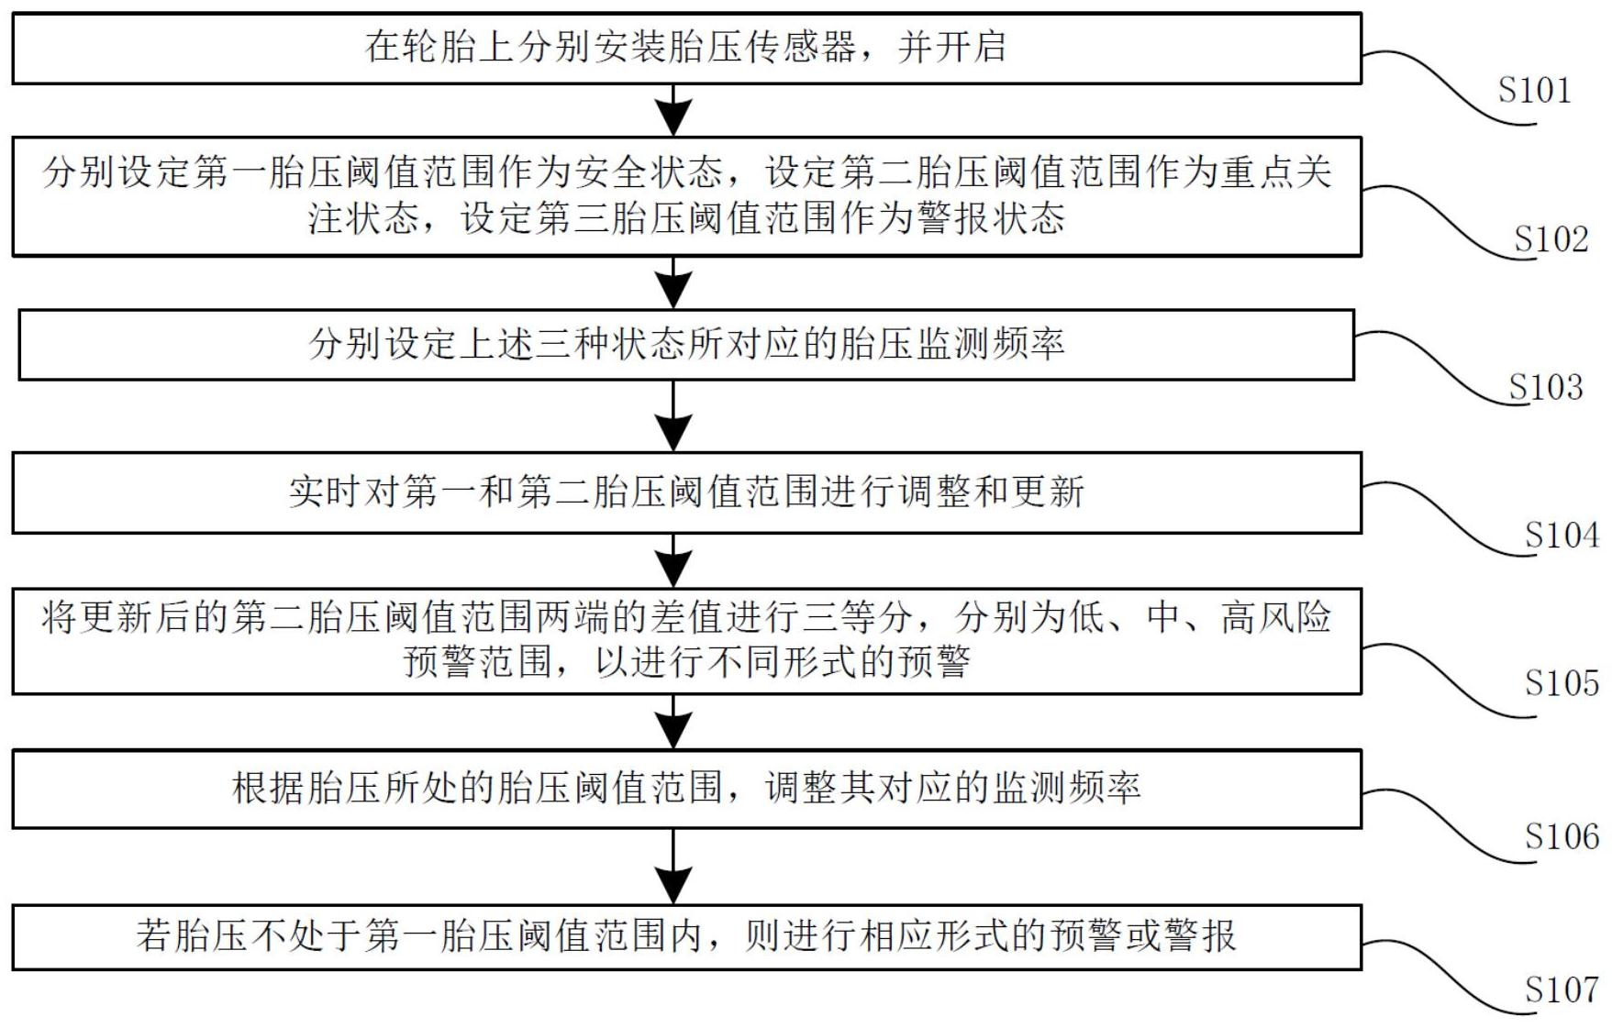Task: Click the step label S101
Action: pyautogui.click(x=1534, y=90)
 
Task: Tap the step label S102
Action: pyautogui.click(x=1551, y=239)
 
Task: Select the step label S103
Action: pyautogui.click(x=1546, y=387)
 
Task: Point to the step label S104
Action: pyautogui.click(x=1562, y=535)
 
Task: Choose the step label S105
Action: pyautogui.click(x=1562, y=683)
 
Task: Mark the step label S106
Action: pyautogui.click(x=1562, y=836)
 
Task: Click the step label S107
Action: pyautogui.click(x=1562, y=990)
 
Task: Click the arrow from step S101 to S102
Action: pyautogui.click(x=674, y=111)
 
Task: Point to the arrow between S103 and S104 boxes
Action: pyautogui.click(x=674, y=416)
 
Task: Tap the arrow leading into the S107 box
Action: pyautogui.click(x=674, y=867)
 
